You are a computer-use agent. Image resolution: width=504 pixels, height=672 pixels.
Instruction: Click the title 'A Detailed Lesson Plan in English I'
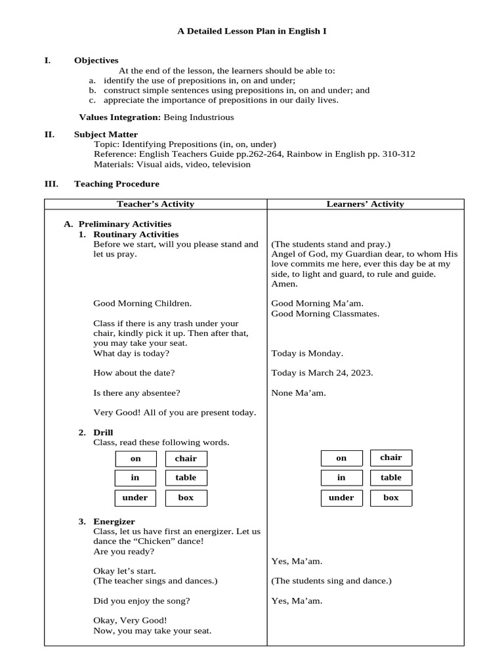pyautogui.click(x=252, y=31)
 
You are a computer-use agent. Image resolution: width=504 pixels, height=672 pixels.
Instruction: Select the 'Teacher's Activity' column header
pyautogui.click(x=156, y=204)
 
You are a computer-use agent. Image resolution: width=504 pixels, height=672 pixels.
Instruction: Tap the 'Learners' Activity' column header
pyautogui.click(x=366, y=204)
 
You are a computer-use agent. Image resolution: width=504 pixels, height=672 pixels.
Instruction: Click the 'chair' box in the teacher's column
pyautogui.click(x=186, y=458)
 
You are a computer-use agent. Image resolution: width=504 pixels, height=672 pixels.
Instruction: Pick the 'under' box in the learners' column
pyautogui.click(x=341, y=497)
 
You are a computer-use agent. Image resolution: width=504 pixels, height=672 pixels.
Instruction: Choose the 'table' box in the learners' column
pyautogui.click(x=391, y=478)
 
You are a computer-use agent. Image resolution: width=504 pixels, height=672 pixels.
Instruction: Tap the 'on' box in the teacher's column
pyautogui.click(x=136, y=459)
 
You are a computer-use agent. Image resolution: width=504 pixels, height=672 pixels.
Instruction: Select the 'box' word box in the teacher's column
pyautogui.click(x=186, y=497)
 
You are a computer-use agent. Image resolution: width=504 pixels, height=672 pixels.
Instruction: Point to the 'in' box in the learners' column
pyautogui.click(x=341, y=478)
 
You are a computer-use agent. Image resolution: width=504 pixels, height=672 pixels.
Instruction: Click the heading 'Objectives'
pyautogui.click(x=96, y=60)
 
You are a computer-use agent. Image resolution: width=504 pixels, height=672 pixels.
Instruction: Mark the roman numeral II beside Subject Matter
pyautogui.click(x=49, y=134)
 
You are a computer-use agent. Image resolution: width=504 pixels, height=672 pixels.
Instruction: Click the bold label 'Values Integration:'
pyautogui.click(x=119, y=117)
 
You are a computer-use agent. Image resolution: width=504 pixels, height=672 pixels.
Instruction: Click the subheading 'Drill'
pyautogui.click(x=104, y=432)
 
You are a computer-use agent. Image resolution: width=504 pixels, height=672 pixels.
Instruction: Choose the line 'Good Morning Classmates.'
pyautogui.click(x=325, y=314)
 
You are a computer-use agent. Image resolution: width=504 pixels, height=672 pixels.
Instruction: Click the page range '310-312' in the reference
pyautogui.click(x=398, y=154)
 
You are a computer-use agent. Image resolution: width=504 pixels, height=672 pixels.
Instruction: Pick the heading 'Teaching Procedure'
pyautogui.click(x=116, y=184)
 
